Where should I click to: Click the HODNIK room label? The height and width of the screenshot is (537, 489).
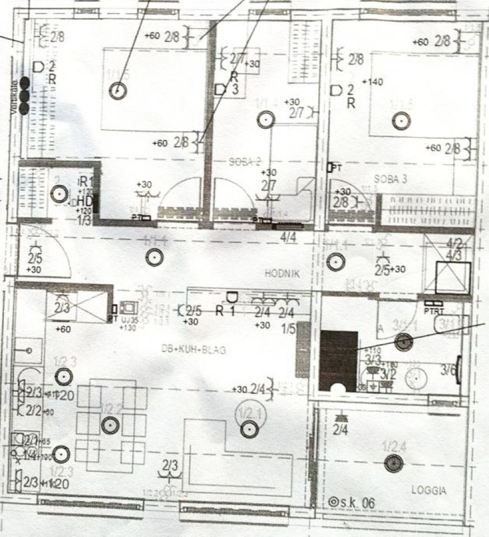click(x=283, y=274)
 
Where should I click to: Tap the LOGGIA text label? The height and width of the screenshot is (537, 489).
click(x=429, y=491)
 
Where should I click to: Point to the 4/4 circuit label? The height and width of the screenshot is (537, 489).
click(x=289, y=237)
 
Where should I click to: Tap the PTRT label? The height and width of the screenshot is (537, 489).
click(x=434, y=311)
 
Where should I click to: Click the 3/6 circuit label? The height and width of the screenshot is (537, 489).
click(x=448, y=369)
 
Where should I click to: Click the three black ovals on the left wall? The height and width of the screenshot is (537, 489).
click(x=25, y=96)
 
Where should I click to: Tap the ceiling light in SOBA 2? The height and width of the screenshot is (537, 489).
click(x=265, y=119)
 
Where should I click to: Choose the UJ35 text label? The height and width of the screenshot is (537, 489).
click(x=129, y=320)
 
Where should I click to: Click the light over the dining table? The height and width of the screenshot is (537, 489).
click(x=110, y=426)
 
